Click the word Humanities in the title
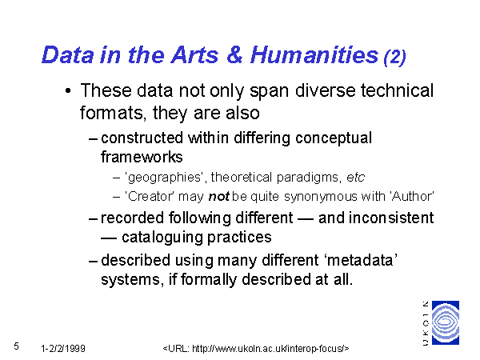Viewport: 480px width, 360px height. [x=314, y=55]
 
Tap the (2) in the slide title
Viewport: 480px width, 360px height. [x=395, y=57]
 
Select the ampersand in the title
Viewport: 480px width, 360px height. [x=234, y=55]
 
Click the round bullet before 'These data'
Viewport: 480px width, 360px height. [x=68, y=91]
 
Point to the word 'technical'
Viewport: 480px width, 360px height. [x=397, y=90]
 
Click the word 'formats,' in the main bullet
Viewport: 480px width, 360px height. [x=113, y=114]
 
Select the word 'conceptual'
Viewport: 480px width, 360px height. [x=334, y=138]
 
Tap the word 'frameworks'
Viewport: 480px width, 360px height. [x=142, y=157]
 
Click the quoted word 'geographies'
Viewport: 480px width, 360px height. [x=164, y=178]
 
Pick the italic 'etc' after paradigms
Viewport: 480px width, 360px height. [x=355, y=178]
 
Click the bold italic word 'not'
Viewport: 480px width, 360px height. [x=218, y=197]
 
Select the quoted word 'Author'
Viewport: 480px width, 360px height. [x=412, y=197]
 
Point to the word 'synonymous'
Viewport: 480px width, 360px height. [x=321, y=197]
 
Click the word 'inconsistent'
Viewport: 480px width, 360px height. [x=391, y=218]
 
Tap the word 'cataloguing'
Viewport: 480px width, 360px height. [x=162, y=238]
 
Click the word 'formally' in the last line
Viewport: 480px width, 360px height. [x=209, y=280]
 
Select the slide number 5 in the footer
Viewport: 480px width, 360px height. [x=16, y=346]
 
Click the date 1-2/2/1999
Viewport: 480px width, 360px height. [x=63, y=349]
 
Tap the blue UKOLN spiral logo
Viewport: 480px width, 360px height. [x=446, y=322]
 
